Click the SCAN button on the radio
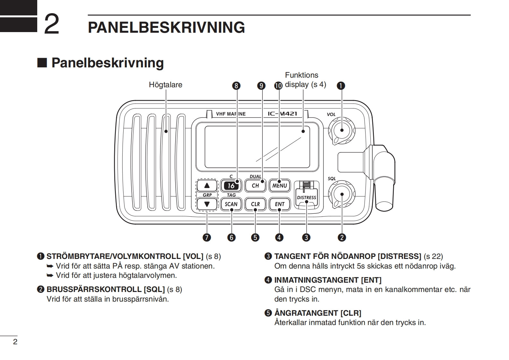(231, 204)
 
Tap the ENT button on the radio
(280, 204)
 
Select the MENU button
(280, 185)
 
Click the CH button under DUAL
(255, 185)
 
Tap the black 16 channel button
(231, 185)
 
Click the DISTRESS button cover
(306, 196)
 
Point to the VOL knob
(341, 130)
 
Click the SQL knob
(341, 194)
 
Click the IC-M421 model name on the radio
(282, 114)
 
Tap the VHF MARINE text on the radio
(231, 114)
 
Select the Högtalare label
(165, 85)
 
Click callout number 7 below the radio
(207, 237)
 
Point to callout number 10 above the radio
(278, 86)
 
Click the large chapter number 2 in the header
(51, 24)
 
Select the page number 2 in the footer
(15, 341)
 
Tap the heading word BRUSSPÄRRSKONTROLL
(94, 289)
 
